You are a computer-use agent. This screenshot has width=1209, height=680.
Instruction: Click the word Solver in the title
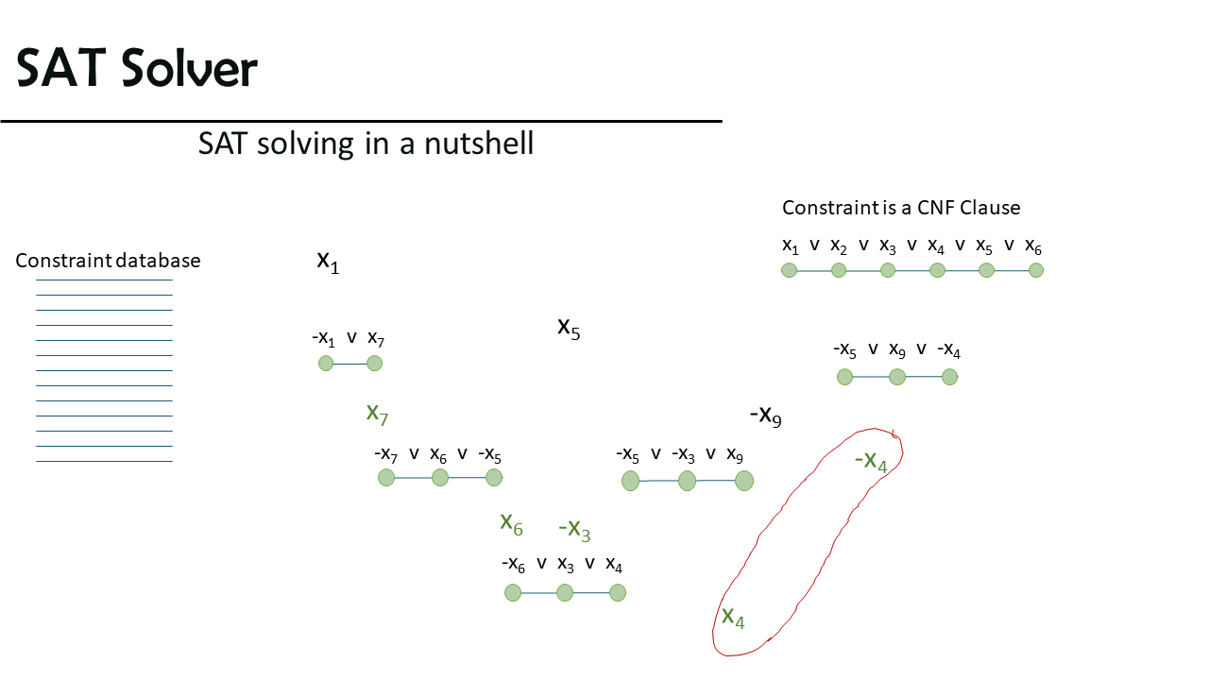coord(189,68)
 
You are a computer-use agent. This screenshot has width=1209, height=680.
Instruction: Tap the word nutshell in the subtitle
coord(479,144)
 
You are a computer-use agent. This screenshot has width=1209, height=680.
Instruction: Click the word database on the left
coord(158,260)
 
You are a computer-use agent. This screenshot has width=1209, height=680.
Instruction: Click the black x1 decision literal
coord(328,263)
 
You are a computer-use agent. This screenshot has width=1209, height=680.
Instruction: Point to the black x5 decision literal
coord(569,328)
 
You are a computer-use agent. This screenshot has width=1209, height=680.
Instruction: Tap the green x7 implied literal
coord(377,415)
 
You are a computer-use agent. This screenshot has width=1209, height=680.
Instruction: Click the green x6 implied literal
coord(511,524)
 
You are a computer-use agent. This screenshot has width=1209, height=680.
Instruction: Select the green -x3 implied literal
coord(574,530)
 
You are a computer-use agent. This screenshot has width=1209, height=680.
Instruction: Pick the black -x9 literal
coord(765,416)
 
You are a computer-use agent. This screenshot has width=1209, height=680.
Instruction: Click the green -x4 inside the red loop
coord(871,462)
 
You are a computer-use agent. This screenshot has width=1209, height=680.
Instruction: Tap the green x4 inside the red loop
coord(733,618)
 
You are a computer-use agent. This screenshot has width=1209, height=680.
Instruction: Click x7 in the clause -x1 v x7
coord(376,339)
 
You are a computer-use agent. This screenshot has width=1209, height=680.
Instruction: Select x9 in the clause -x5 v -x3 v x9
coord(735,455)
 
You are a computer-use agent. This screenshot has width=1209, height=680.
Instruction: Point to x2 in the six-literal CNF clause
coord(838,246)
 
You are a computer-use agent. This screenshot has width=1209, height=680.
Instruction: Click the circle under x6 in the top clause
coord(1036,270)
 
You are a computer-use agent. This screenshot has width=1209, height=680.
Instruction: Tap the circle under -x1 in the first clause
coord(326,364)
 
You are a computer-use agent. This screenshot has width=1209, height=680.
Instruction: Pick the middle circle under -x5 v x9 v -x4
coord(897,377)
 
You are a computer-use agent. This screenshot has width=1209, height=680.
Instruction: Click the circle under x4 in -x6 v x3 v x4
coord(618,592)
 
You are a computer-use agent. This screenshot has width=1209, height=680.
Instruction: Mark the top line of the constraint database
coord(104,280)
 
